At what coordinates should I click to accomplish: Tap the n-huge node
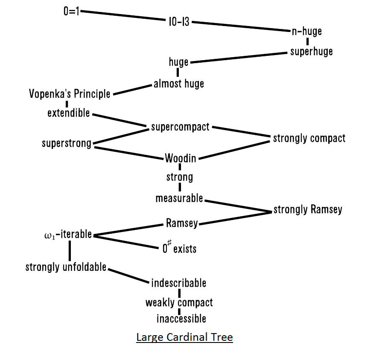pyautogui.click(x=306, y=31)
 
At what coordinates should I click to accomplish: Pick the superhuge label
pyautogui.click(x=311, y=52)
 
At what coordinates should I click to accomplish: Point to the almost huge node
pyautogui.click(x=179, y=84)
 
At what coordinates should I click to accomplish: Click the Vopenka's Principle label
pyautogui.click(x=70, y=93)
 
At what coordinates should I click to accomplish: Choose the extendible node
pyautogui.click(x=69, y=113)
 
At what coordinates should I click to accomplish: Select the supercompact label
pyautogui.click(x=180, y=127)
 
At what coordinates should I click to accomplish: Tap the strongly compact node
pyautogui.click(x=309, y=138)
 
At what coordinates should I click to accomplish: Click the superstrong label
pyautogui.click(x=67, y=143)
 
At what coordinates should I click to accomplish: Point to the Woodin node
pyautogui.click(x=181, y=158)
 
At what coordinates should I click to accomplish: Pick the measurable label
pyautogui.click(x=179, y=198)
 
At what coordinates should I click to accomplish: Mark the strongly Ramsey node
pyautogui.click(x=308, y=209)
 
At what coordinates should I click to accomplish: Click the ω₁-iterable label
pyautogui.click(x=68, y=234)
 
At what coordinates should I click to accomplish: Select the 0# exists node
pyautogui.click(x=179, y=248)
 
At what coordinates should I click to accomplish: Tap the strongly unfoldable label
pyautogui.click(x=66, y=267)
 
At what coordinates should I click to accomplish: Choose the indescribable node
pyautogui.click(x=178, y=283)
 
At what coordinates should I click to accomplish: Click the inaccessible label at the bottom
pyautogui.click(x=181, y=319)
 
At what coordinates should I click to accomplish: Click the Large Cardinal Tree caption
pyautogui.click(x=184, y=337)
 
